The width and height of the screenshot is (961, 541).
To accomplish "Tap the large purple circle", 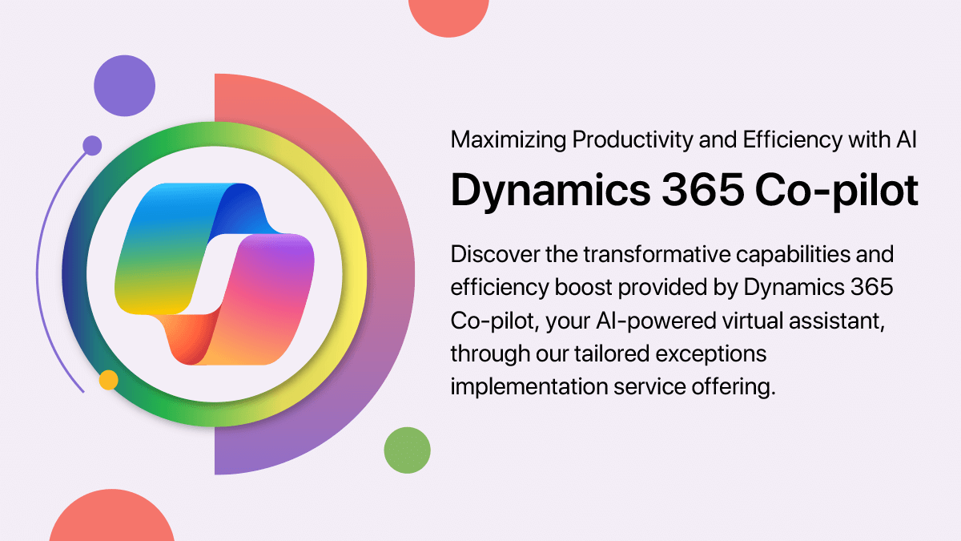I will click(x=123, y=87).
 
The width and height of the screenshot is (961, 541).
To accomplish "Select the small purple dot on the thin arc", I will click(x=92, y=145).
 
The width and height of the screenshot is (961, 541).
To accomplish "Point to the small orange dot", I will click(x=108, y=380).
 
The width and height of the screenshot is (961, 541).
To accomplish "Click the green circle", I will click(x=407, y=449).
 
